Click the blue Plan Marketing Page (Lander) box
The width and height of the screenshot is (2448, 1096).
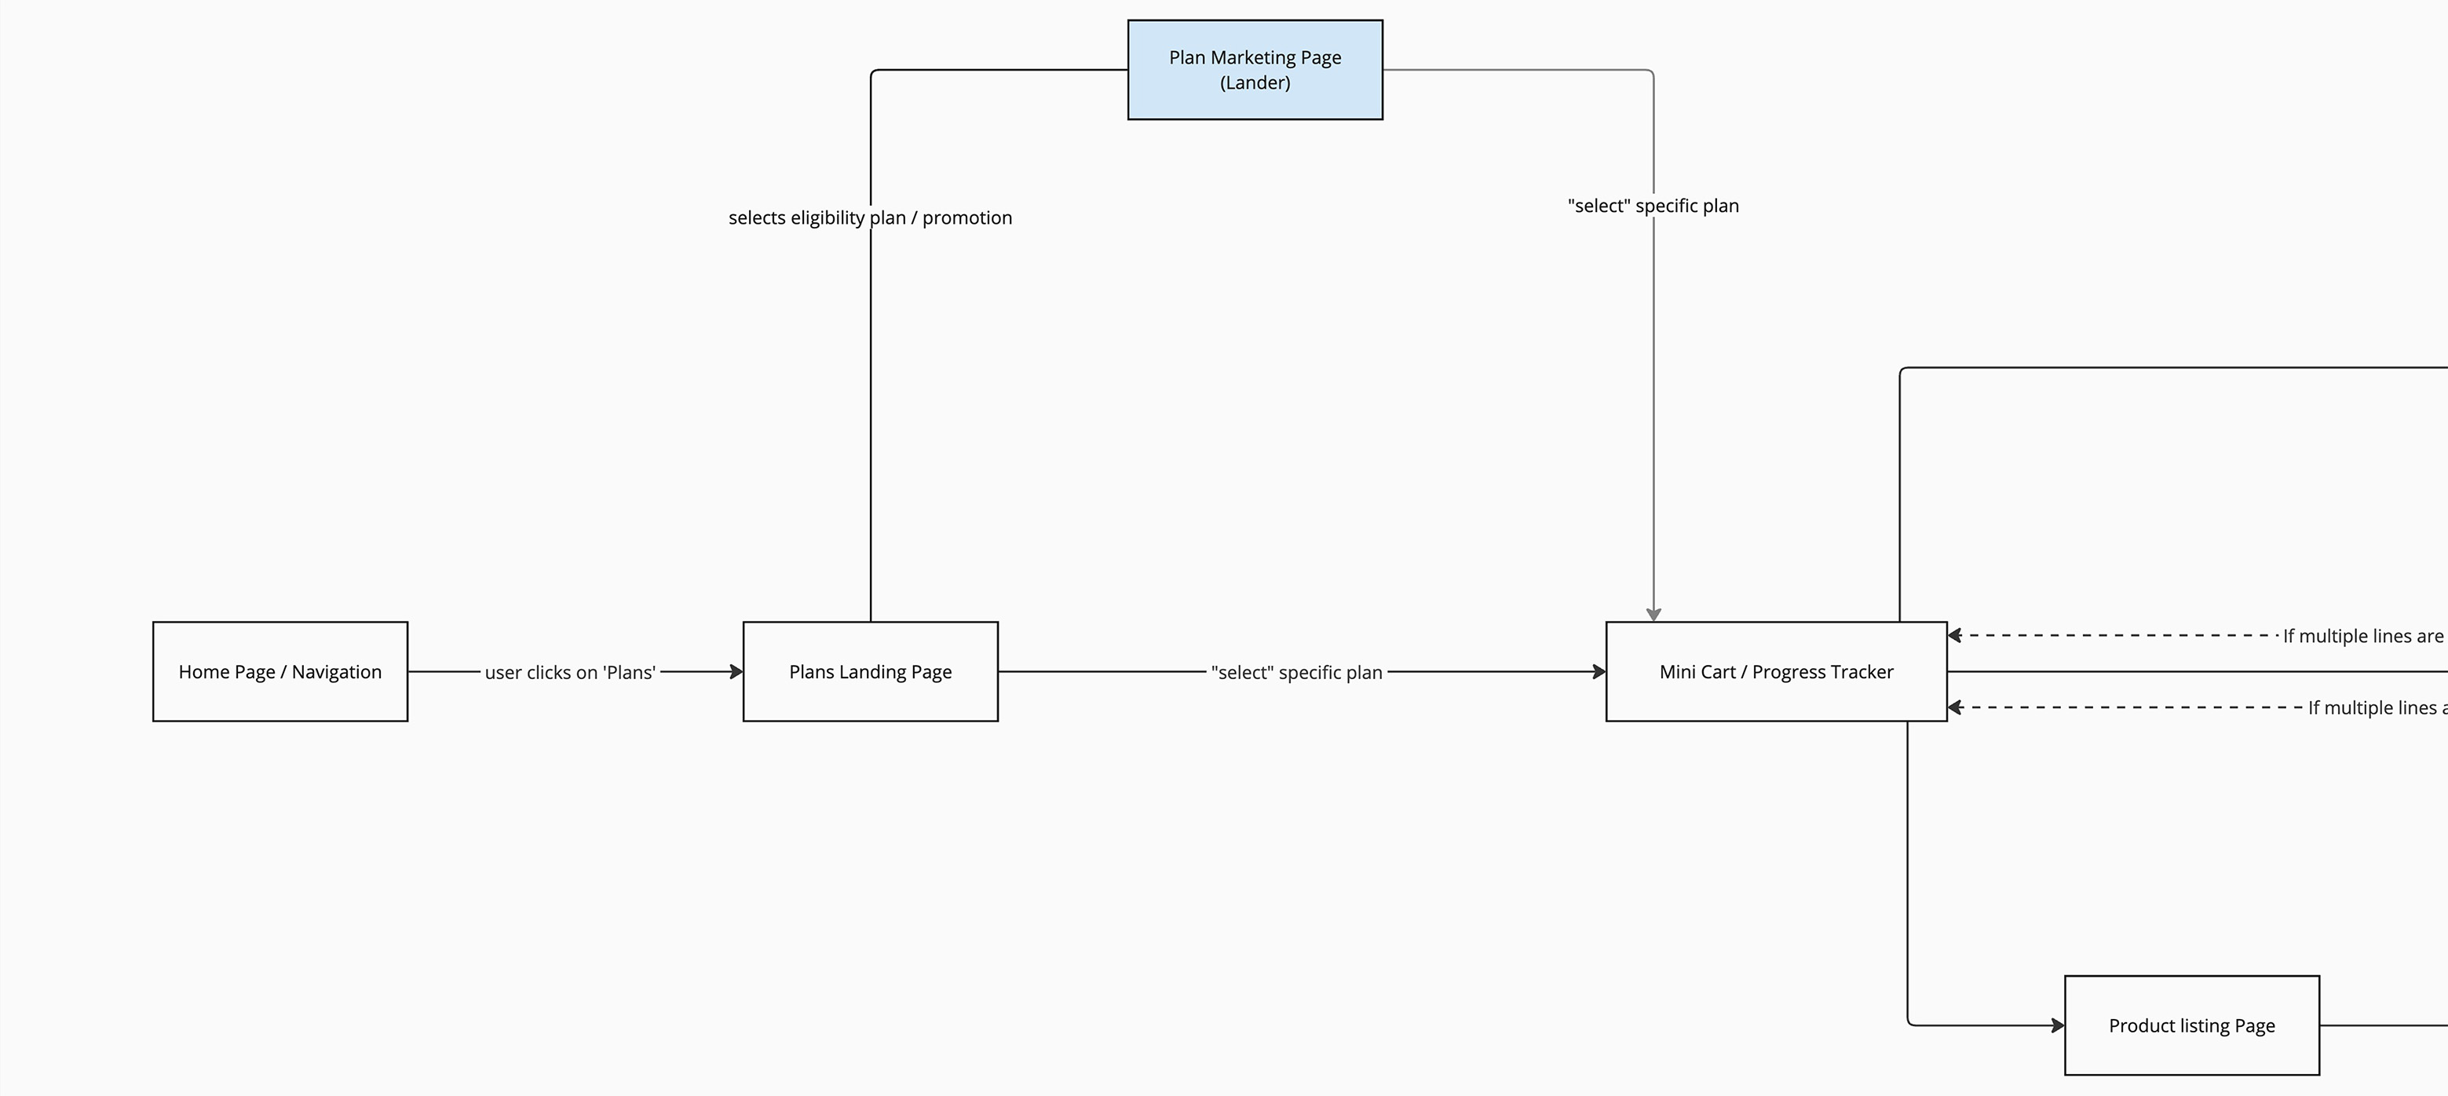(x=1255, y=69)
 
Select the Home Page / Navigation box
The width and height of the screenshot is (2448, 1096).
(x=280, y=672)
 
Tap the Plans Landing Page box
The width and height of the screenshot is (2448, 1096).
(x=871, y=672)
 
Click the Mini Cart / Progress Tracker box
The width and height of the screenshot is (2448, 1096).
(x=1776, y=672)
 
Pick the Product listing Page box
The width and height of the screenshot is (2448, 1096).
(x=2191, y=1025)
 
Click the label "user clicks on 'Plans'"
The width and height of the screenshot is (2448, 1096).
(x=570, y=672)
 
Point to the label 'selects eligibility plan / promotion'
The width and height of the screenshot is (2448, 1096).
(x=871, y=217)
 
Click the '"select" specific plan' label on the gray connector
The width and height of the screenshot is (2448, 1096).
(x=1653, y=206)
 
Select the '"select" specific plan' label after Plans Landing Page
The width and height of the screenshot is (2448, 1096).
(x=1296, y=672)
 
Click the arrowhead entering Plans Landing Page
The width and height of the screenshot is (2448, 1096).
(x=736, y=672)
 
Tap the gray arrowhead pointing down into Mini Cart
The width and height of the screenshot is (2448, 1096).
(x=1653, y=615)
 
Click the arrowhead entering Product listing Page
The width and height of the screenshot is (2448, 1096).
(x=2058, y=1025)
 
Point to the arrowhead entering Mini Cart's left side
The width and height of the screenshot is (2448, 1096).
(x=1599, y=672)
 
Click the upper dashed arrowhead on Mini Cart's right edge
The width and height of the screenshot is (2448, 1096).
(x=1955, y=635)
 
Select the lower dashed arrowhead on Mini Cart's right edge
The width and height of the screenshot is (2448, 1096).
(x=1955, y=707)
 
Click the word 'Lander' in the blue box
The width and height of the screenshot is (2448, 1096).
(x=1255, y=82)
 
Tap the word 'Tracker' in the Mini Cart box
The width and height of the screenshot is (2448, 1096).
(x=1859, y=672)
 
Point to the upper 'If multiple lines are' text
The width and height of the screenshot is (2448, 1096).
(x=2363, y=636)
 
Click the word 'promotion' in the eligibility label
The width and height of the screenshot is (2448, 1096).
(x=967, y=218)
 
